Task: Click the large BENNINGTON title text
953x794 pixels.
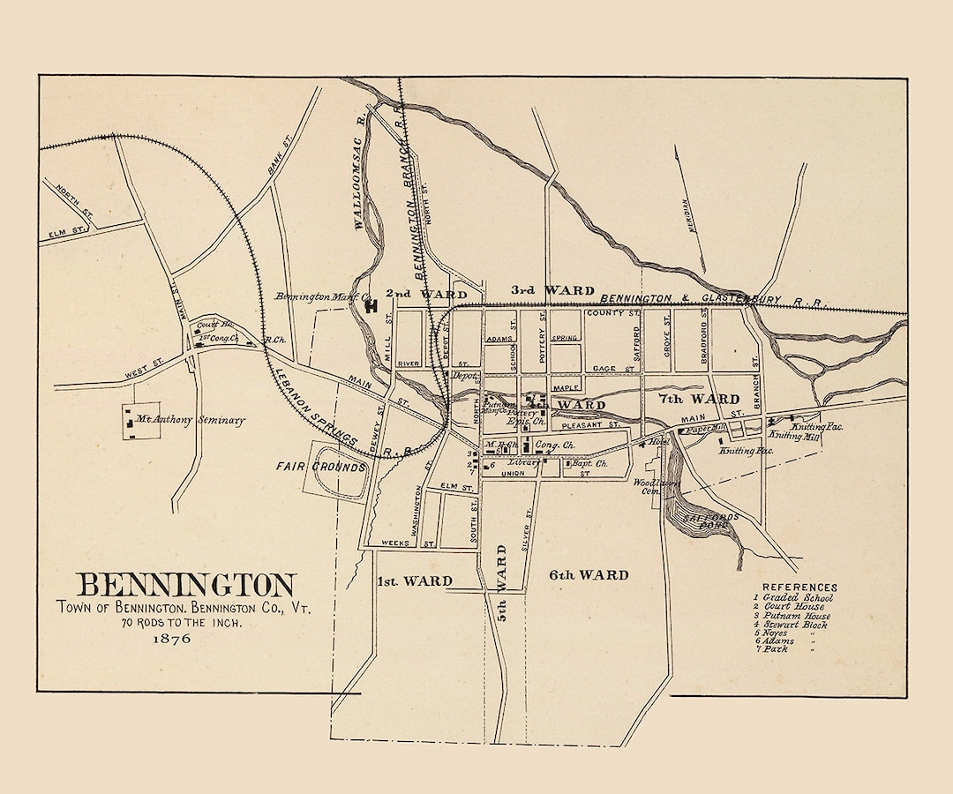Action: tap(186, 585)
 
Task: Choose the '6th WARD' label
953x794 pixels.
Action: tap(589, 575)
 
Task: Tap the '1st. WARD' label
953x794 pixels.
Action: tap(415, 581)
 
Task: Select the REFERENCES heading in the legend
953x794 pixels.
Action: tap(799, 588)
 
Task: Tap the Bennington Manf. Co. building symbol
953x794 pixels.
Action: tap(371, 305)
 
